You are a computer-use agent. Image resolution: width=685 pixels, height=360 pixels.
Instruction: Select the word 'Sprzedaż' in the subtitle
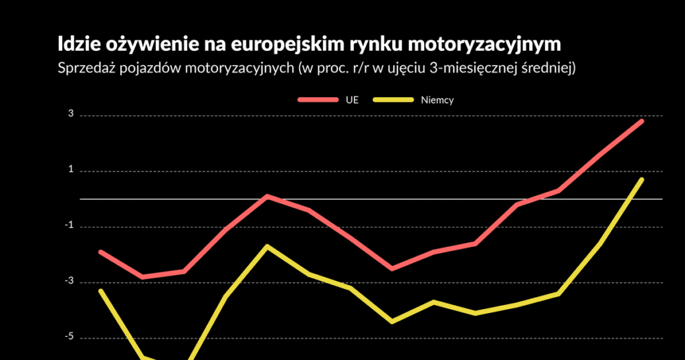click(86, 68)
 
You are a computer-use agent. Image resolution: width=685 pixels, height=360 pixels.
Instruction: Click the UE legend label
click(352, 100)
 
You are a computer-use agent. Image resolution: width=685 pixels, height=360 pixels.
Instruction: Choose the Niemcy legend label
click(437, 100)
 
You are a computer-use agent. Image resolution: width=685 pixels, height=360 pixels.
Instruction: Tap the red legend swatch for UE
click(318, 100)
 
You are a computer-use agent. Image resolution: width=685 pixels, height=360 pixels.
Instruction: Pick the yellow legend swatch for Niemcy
click(393, 100)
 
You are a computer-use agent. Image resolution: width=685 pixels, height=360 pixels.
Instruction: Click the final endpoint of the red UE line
click(642, 121)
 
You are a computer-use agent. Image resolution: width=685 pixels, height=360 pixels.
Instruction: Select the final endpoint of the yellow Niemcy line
click(642, 179)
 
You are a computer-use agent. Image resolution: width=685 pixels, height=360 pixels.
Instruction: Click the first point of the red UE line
click(100, 252)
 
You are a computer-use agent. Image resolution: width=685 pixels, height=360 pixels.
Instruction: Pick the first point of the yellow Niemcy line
click(100, 290)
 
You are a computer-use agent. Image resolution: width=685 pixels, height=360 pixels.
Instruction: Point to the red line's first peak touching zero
click(267, 196)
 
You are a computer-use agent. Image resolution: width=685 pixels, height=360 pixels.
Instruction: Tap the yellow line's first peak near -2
click(267, 246)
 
